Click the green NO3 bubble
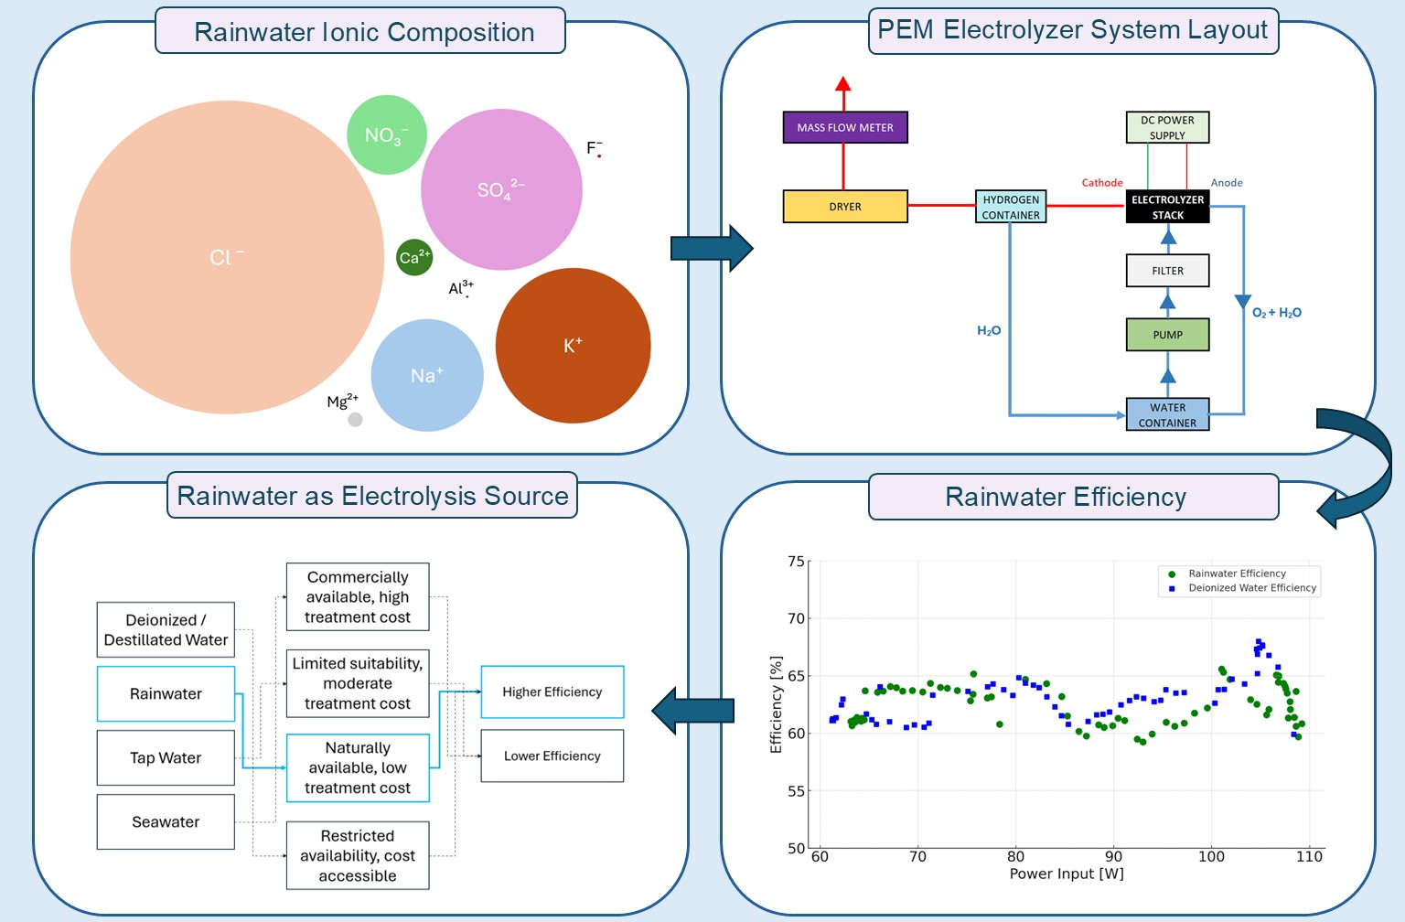387,134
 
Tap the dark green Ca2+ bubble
414,258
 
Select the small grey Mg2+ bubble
355,419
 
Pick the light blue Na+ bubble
427,375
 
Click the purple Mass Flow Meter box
845,127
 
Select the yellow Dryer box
845,207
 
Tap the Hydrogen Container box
1011,207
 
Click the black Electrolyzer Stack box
1167,207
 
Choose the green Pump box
1167,335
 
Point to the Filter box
1167,271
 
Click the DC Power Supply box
1167,127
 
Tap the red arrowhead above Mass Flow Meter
843,83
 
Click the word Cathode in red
1102,183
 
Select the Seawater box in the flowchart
166,821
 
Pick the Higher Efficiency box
552,691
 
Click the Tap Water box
166,757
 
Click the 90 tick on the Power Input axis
1113,856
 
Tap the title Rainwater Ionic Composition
363,32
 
